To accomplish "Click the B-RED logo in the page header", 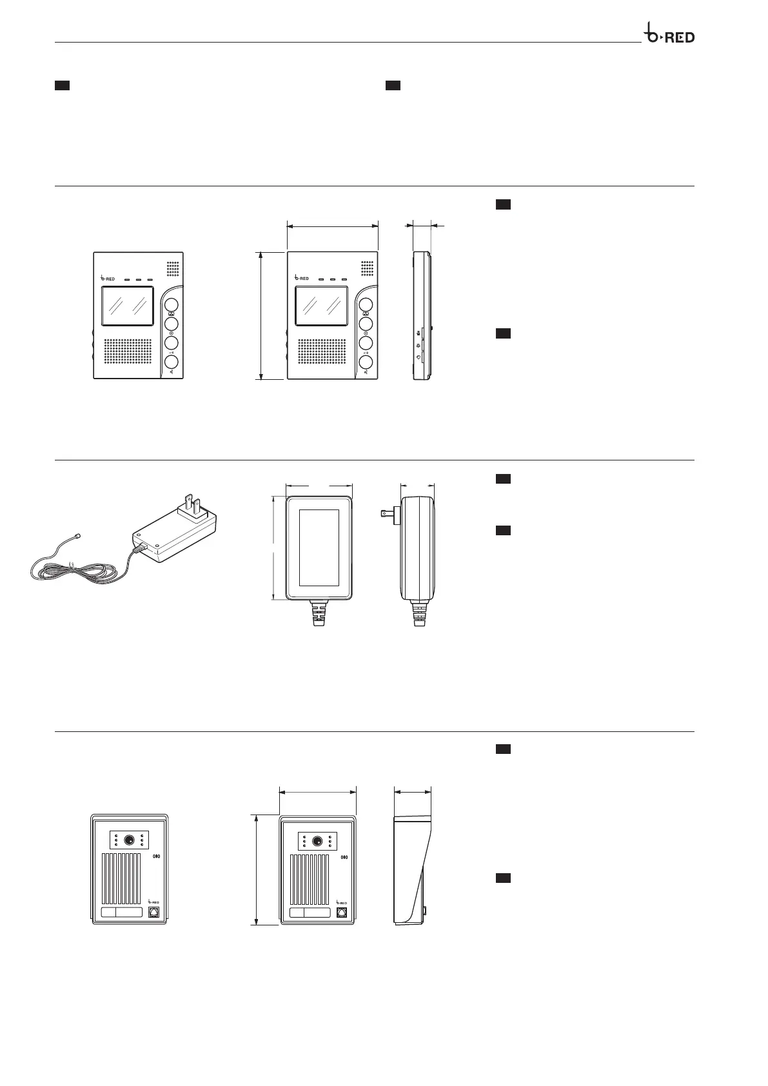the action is coord(670,35).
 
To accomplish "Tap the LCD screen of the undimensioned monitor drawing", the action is coord(127,306).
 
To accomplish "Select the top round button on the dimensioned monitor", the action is coord(366,305).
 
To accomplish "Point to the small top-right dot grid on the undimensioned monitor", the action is coord(173,267).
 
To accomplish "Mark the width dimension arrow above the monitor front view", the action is coord(332,226).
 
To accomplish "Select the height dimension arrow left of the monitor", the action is coord(261,315).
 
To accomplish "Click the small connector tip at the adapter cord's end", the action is coord(78,535).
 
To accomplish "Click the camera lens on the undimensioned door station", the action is coord(129,840).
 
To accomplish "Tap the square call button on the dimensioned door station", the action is coord(342,913).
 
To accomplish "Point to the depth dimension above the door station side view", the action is coord(413,790).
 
